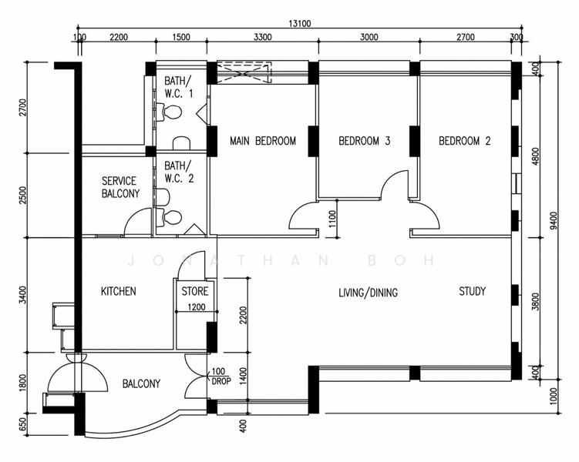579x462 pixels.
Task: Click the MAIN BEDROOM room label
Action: coord(263,141)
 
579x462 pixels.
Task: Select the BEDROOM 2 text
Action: coord(465,141)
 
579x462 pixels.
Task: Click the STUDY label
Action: coord(472,291)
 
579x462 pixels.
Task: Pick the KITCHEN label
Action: coord(119,291)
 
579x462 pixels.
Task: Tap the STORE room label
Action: coord(194,292)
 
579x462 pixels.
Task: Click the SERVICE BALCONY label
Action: coord(120,187)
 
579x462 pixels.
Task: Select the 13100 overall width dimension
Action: coord(300,24)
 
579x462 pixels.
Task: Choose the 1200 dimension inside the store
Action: coord(196,308)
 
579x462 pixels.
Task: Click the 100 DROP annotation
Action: coord(218,377)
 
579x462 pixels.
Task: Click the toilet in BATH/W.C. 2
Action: coord(173,217)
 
